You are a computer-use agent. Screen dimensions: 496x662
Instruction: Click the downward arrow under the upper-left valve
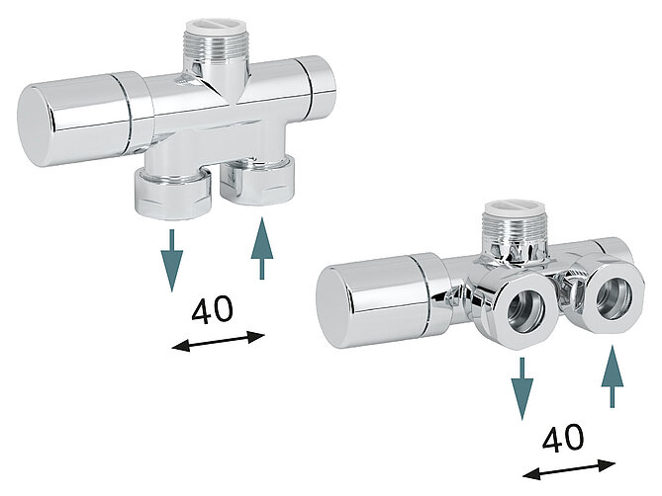click(x=172, y=258)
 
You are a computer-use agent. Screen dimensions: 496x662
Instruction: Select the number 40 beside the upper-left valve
click(x=212, y=310)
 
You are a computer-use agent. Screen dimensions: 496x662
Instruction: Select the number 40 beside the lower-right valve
click(x=562, y=438)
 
